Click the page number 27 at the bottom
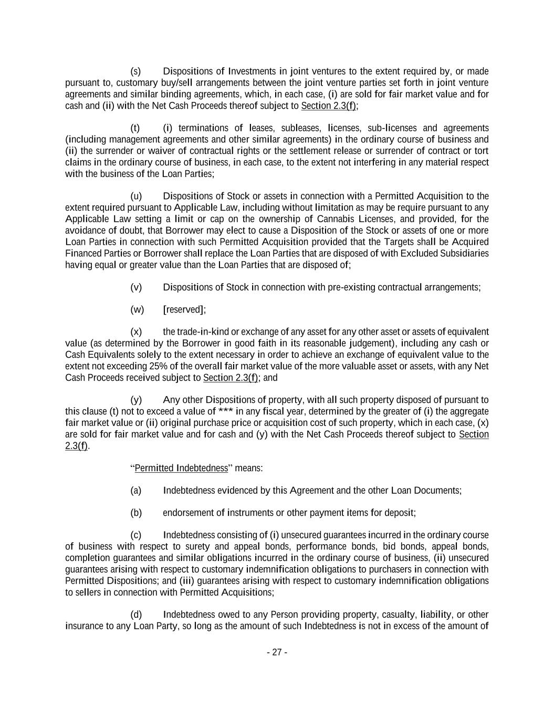point(277,652)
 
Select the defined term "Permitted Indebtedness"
point(181,468)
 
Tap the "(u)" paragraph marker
point(136,196)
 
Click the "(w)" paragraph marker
point(137,309)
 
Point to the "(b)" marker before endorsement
point(136,513)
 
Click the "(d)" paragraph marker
point(136,615)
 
